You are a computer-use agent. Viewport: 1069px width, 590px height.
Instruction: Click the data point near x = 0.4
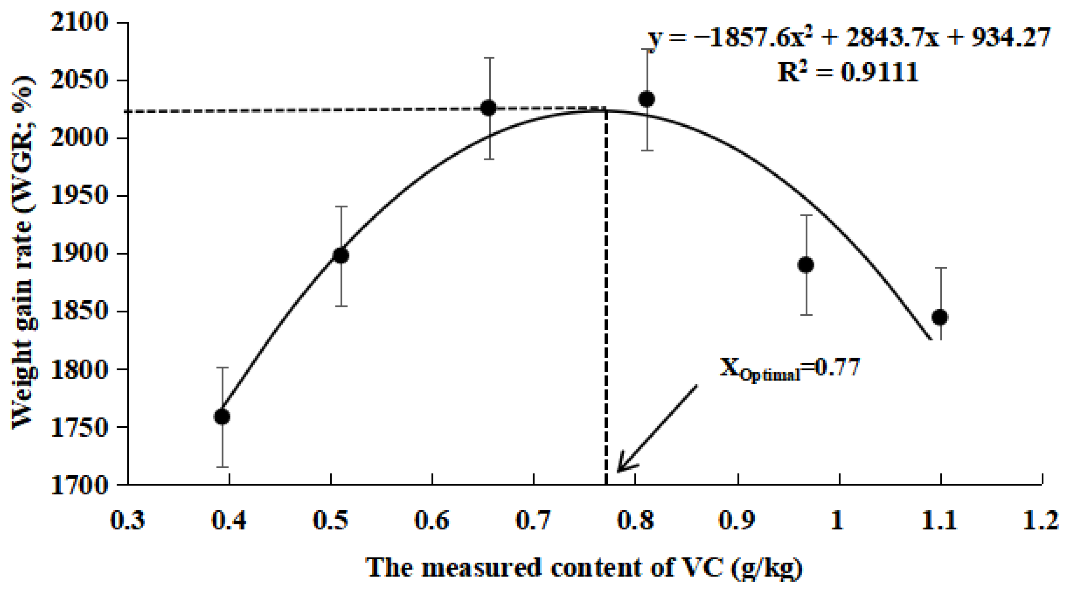pyautogui.click(x=222, y=416)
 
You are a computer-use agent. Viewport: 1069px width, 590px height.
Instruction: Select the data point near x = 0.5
pyautogui.click(x=341, y=255)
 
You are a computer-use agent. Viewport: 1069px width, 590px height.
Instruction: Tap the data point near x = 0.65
pyautogui.click(x=490, y=108)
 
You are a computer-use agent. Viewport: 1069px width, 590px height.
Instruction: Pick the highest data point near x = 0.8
pyautogui.click(x=647, y=99)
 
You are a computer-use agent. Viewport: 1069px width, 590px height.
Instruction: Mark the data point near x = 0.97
pyautogui.click(x=806, y=265)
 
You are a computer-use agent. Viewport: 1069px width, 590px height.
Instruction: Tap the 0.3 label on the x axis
pyautogui.click(x=128, y=520)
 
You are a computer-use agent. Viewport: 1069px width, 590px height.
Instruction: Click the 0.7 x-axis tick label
pyautogui.click(x=533, y=520)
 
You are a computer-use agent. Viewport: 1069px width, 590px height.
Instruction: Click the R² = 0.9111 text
pyautogui.click(x=847, y=73)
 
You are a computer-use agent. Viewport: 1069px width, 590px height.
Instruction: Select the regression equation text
pyautogui.click(x=849, y=38)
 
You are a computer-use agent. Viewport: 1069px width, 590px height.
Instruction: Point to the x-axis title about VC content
pyautogui.click(x=584, y=568)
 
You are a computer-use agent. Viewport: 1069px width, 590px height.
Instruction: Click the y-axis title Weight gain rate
pyautogui.click(x=22, y=253)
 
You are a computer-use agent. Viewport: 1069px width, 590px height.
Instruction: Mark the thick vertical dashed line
pyautogui.click(x=606, y=291)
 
